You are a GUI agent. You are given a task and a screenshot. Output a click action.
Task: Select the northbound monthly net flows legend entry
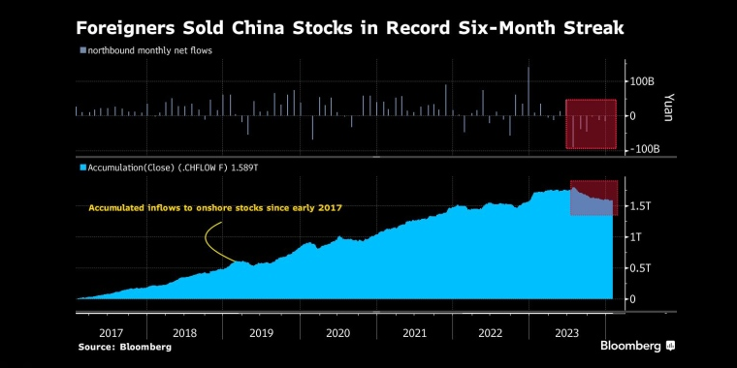[x=148, y=49]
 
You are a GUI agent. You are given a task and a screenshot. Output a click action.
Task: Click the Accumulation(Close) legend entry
[x=171, y=168]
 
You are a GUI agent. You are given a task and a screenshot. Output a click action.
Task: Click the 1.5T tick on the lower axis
[x=639, y=206]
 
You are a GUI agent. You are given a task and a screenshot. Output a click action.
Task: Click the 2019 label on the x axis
[x=260, y=332]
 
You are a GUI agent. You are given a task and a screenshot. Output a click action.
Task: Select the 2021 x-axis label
[x=413, y=332]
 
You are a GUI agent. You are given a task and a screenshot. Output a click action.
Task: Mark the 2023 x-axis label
[x=566, y=332]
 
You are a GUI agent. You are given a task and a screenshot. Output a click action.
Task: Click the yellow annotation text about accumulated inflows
[x=215, y=207]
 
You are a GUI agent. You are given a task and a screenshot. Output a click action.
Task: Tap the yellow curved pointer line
[x=208, y=242]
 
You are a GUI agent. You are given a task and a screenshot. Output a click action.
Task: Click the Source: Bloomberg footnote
[x=117, y=346]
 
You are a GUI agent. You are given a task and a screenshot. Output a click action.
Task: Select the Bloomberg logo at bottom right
[x=637, y=346]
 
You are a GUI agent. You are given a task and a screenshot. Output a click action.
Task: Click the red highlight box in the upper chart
[x=592, y=124]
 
